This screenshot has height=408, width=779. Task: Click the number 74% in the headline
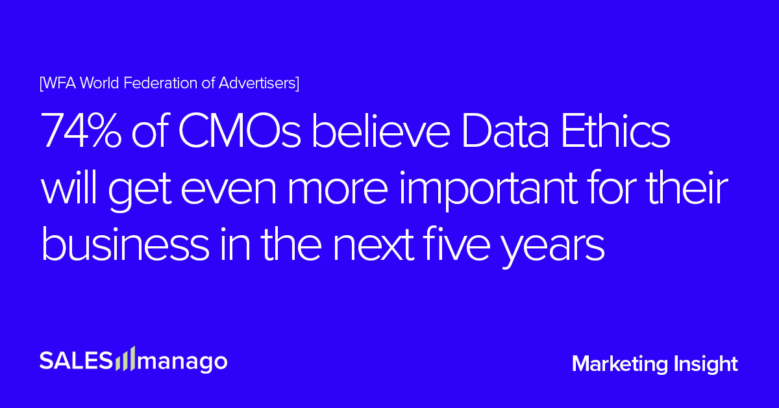[82, 133]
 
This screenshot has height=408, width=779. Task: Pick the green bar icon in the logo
[126, 359]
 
